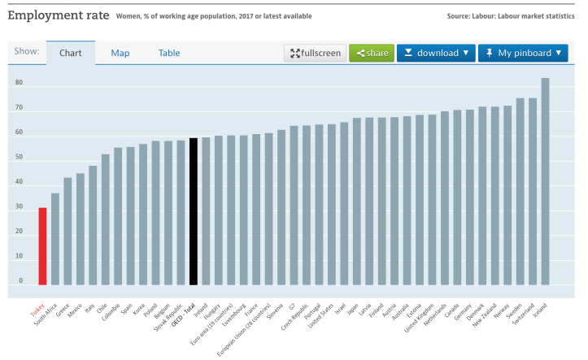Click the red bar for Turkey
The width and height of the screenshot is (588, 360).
[x=42, y=246]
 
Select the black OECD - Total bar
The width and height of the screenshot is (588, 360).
[x=194, y=211]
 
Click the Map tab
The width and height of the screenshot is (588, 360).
[x=120, y=53]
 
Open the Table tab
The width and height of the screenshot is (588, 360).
[x=169, y=53]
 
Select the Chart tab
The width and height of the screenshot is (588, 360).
[x=70, y=53]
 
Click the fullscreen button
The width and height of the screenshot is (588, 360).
[x=315, y=53]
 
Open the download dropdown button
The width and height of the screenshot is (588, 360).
[x=436, y=53]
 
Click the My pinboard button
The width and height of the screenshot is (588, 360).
[x=523, y=53]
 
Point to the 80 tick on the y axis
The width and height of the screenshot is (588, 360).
[x=19, y=83]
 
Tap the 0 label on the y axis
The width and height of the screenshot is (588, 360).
[x=21, y=280]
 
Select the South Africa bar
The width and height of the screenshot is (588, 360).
[x=55, y=239]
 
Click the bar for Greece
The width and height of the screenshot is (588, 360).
[x=68, y=231]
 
